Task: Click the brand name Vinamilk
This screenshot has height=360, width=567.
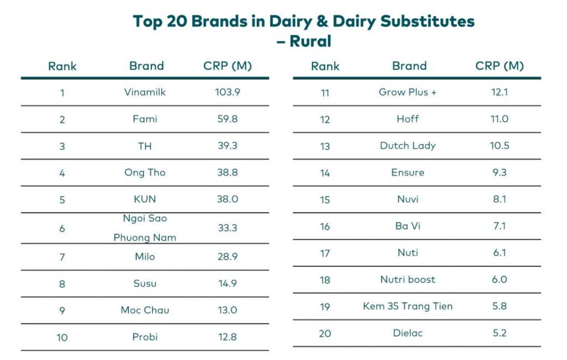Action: click(x=145, y=92)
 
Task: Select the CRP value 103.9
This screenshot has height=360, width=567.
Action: click(x=228, y=92)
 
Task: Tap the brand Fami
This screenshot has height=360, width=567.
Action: click(x=145, y=119)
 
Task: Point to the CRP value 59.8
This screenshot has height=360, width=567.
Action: click(x=228, y=119)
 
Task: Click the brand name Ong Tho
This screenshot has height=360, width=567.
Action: click(x=145, y=172)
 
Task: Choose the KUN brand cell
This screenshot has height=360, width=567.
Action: click(x=145, y=199)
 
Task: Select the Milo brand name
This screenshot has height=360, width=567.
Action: click(x=145, y=256)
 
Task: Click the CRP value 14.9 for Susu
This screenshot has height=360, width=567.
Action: click(x=228, y=283)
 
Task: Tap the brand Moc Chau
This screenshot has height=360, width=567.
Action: click(x=145, y=310)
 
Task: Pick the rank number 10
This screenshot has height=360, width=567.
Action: click(x=62, y=337)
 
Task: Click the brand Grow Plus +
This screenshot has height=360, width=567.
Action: click(x=408, y=92)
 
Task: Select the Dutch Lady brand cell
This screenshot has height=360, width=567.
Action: click(x=408, y=146)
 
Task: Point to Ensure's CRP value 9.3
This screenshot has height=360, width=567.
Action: click(x=499, y=172)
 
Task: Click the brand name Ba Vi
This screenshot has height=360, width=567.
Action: click(x=408, y=226)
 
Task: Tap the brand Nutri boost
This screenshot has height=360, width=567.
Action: click(x=408, y=279)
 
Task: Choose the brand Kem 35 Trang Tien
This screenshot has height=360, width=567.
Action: click(x=408, y=306)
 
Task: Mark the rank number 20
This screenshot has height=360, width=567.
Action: click(x=325, y=333)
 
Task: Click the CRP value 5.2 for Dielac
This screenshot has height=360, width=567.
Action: click(x=499, y=333)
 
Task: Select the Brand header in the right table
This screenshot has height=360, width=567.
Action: click(x=409, y=66)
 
